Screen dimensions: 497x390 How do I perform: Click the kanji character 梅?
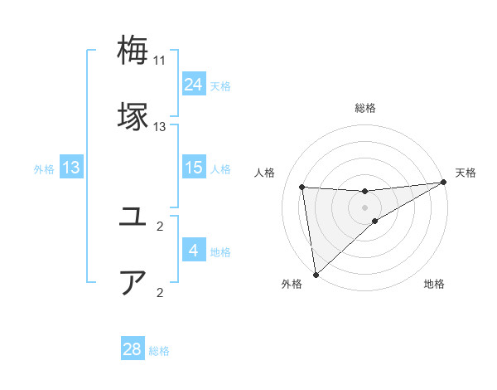click(133, 51)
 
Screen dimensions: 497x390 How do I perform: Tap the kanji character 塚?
click(133, 116)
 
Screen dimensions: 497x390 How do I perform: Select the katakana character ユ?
click(133, 217)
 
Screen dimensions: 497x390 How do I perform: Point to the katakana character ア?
click(133, 282)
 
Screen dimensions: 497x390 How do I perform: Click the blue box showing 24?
click(194, 85)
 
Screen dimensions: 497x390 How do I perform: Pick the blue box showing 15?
click(194, 168)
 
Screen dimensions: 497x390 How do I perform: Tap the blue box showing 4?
click(194, 251)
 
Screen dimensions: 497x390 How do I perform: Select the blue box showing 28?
click(133, 349)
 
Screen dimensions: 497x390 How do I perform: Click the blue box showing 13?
click(71, 168)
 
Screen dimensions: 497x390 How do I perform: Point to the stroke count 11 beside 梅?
click(160, 61)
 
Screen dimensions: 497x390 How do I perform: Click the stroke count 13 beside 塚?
click(160, 127)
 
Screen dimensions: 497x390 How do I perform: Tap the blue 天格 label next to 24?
click(220, 86)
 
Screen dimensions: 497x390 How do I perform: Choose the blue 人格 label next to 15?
click(220, 169)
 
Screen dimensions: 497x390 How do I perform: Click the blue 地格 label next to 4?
click(220, 252)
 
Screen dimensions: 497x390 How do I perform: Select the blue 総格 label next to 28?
click(159, 351)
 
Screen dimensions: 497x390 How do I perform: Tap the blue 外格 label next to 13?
click(44, 169)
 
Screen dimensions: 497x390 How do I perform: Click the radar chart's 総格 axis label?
click(365, 108)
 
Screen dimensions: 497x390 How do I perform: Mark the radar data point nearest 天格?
click(445, 183)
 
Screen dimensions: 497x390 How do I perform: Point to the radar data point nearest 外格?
click(315, 274)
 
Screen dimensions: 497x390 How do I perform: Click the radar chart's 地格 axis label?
click(434, 284)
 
